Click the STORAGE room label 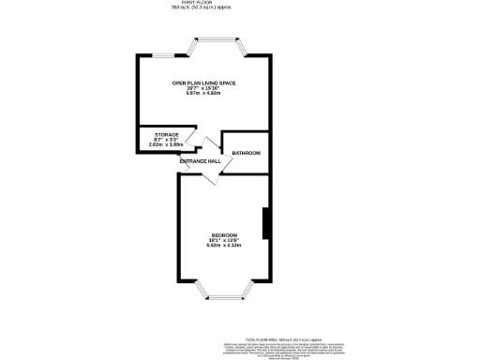point(167,135)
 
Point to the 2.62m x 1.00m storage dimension point(167,145)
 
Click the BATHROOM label point(246,153)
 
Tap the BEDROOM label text point(224,234)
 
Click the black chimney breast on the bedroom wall point(267,223)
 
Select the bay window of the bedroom point(223,292)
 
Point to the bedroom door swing point(213,179)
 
